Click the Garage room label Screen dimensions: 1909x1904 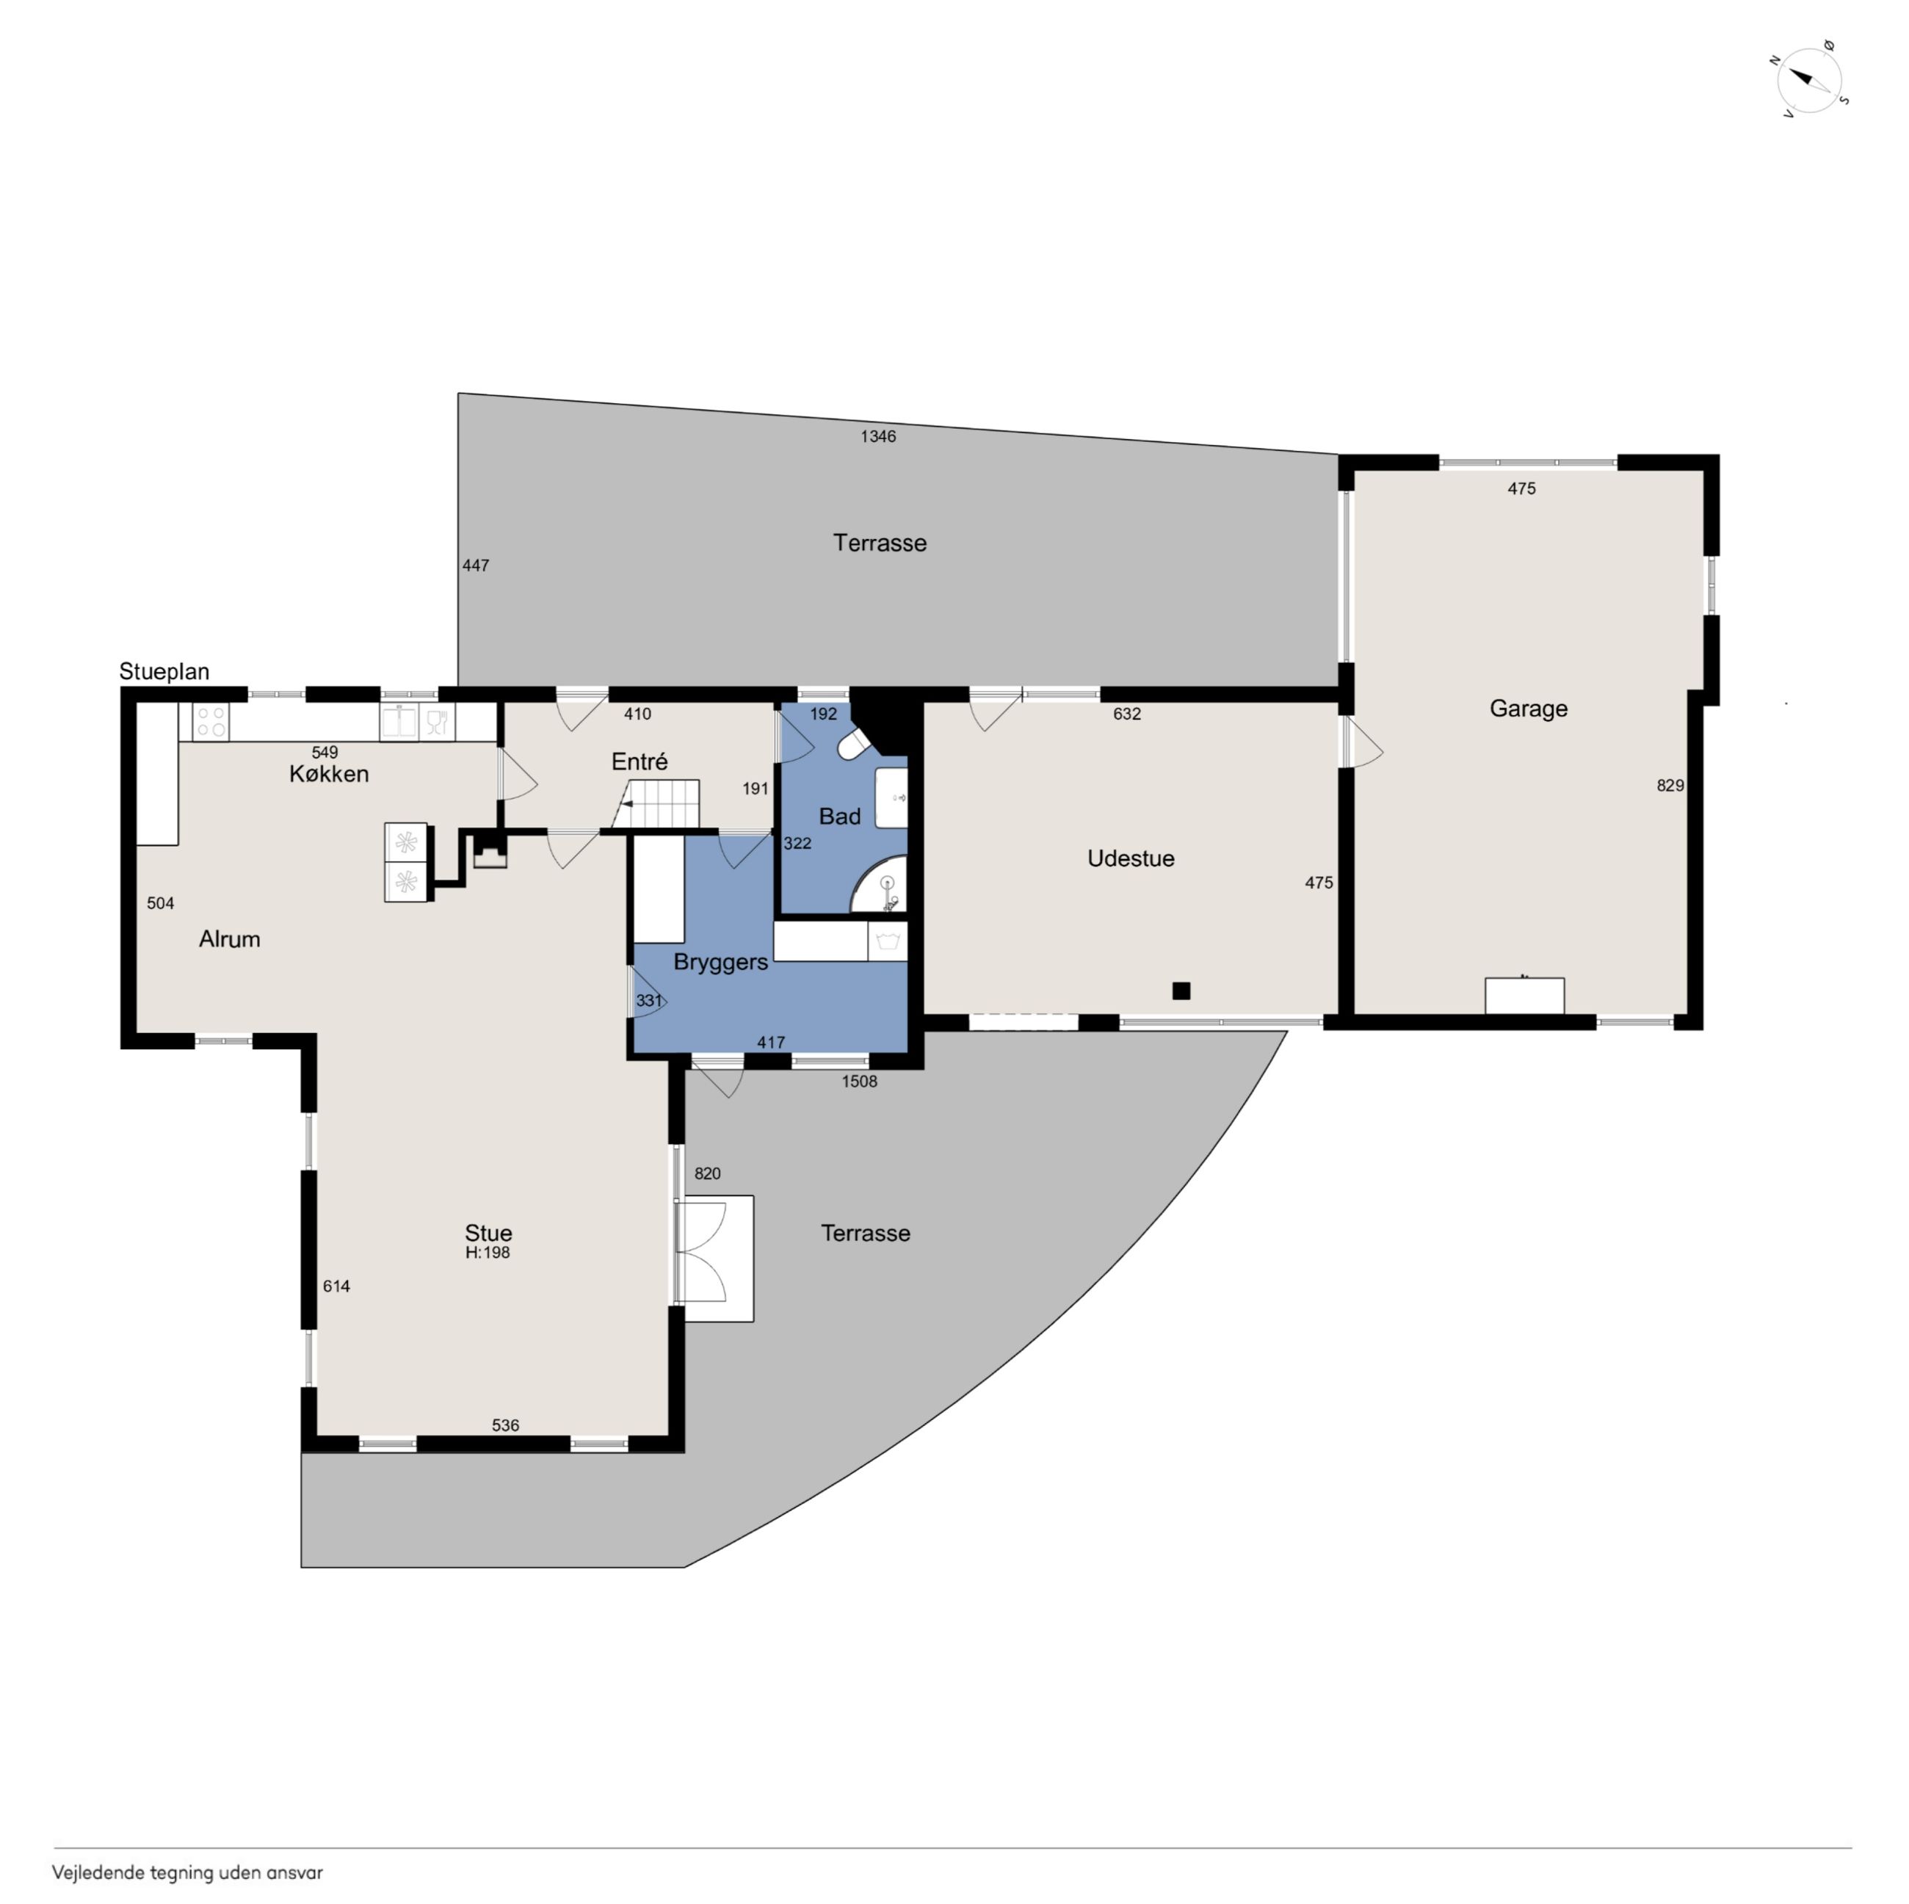coord(1528,709)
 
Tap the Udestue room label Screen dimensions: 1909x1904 coord(1131,858)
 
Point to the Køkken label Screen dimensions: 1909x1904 coord(329,774)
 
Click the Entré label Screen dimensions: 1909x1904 coord(640,761)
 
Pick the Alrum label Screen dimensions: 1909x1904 coord(229,938)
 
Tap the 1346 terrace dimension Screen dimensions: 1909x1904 coord(877,435)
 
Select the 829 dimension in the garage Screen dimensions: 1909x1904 coord(1669,786)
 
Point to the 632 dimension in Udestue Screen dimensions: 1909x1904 coord(1126,714)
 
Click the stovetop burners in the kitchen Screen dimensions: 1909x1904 coord(211,720)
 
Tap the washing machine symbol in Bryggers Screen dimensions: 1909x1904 coord(887,941)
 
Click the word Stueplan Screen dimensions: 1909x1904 coord(164,672)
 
